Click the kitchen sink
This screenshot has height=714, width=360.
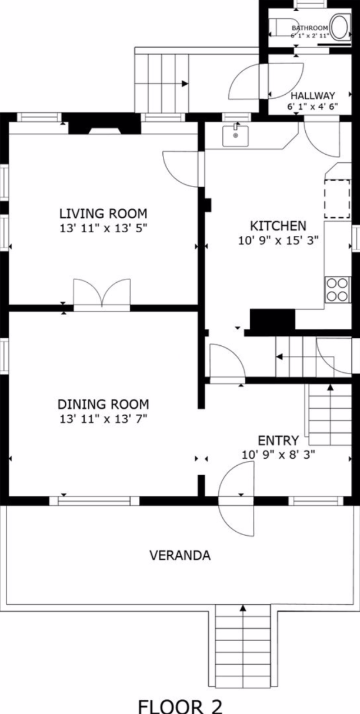click(x=235, y=135)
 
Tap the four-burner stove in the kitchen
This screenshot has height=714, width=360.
click(x=337, y=289)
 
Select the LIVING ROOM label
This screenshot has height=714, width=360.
click(x=104, y=213)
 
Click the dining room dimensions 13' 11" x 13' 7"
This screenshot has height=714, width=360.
click(x=104, y=419)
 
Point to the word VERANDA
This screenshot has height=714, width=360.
click(x=180, y=555)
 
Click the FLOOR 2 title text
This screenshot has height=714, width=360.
click(x=180, y=705)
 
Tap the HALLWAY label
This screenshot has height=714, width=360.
click(x=313, y=95)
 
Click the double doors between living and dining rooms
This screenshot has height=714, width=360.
click(x=102, y=293)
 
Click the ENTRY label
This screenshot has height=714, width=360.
click(x=278, y=441)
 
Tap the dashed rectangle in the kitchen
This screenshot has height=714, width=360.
click(x=338, y=199)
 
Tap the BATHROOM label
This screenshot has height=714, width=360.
click(x=309, y=28)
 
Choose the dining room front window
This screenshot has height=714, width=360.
click(x=94, y=501)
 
